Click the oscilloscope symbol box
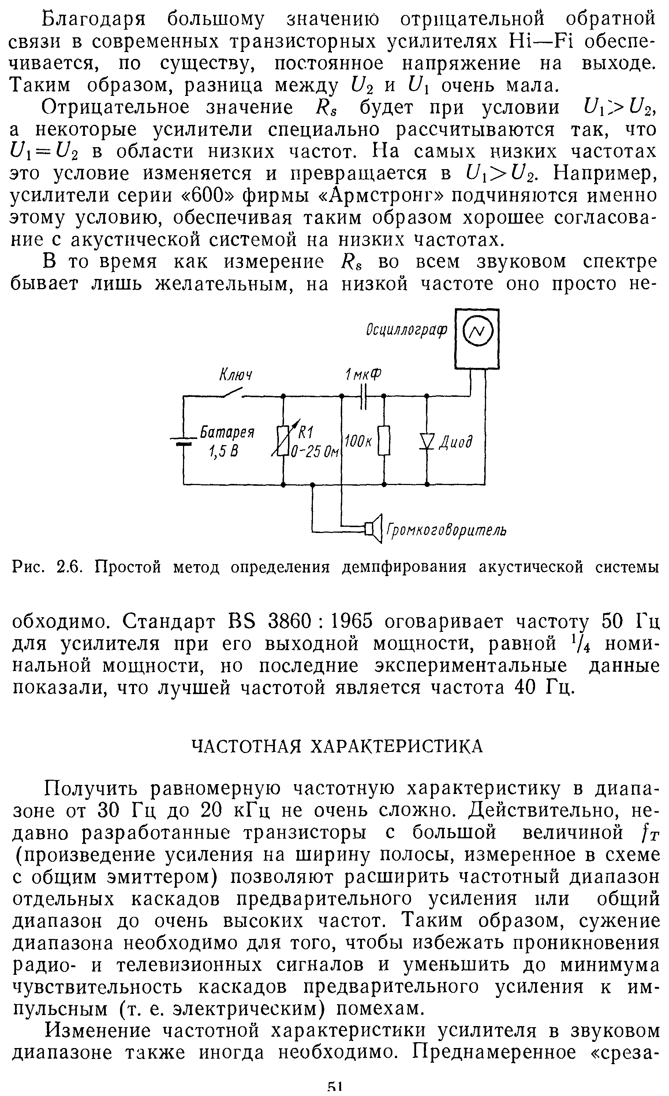[476, 339]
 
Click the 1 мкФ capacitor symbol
[363, 396]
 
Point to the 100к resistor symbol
[384, 440]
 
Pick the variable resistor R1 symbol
[283, 440]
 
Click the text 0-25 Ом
[314, 452]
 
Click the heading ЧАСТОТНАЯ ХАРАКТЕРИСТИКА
[337, 746]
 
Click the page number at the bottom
[334, 1090]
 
